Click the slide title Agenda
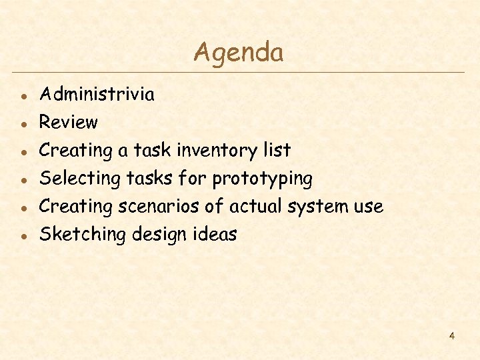click(x=238, y=52)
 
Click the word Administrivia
click(x=97, y=94)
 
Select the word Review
click(x=68, y=122)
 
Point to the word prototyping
click(x=262, y=179)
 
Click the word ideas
click(x=217, y=235)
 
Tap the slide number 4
click(x=451, y=336)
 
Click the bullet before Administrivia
click(x=23, y=95)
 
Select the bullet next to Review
click(x=23, y=123)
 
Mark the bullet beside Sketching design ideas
click(x=23, y=236)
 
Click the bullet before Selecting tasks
click(x=23, y=179)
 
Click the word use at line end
click(x=368, y=207)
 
